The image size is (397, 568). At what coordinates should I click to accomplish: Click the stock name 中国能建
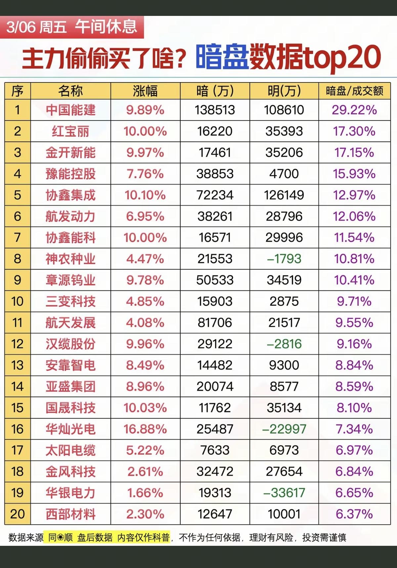pos(70,110)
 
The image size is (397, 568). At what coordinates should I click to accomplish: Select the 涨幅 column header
pos(145,91)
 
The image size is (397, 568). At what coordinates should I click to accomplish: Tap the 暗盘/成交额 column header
pos(354,91)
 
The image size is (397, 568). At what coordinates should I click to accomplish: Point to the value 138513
pos(215,110)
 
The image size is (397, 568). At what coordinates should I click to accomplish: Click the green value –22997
pos(284,429)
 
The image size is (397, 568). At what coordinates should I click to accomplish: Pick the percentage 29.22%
pos(354,110)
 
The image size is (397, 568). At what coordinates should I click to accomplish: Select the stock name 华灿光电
pos(70,429)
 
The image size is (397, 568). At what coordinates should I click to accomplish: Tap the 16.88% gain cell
pos(145,429)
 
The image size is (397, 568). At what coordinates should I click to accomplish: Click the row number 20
pos(18,514)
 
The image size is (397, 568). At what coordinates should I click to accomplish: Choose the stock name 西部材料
pos(70,514)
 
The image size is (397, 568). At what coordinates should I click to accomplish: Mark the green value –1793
pos(284,259)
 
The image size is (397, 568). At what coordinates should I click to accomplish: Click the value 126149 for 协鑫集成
pos(284,195)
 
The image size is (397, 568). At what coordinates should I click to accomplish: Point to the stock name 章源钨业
pos(70,280)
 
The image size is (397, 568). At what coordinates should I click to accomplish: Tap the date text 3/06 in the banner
pos(21,27)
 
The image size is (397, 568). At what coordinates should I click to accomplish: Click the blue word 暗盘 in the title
pos(222,57)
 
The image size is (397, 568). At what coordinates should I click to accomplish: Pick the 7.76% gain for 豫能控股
pos(145,174)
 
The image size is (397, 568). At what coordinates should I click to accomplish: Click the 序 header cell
pos(18,91)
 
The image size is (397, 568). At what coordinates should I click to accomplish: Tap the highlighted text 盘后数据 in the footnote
pos(95,537)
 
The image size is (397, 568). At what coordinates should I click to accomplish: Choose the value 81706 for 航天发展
pos(215,323)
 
